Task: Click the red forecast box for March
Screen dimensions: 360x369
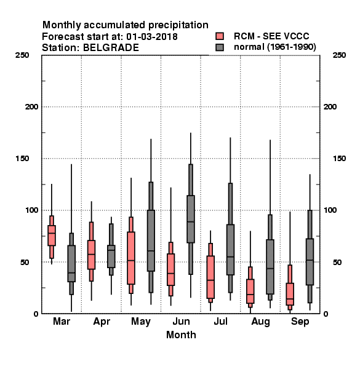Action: coord(52,236)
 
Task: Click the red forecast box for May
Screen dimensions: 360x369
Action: coord(131,258)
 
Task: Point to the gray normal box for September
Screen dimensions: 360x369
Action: coord(310,262)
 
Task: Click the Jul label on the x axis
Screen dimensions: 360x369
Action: coord(220,321)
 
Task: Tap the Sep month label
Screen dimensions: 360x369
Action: coord(300,322)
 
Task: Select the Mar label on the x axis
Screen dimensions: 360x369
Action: coord(62,321)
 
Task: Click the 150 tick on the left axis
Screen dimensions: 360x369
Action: coord(22,159)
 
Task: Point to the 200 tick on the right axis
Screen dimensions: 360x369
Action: coord(330,107)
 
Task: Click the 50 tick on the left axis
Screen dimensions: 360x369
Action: coord(25,262)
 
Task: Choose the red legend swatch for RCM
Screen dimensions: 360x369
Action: coord(220,36)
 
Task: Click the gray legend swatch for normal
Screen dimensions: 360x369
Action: coord(220,47)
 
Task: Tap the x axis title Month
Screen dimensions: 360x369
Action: coord(181,335)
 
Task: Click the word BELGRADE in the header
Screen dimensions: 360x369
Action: coord(111,48)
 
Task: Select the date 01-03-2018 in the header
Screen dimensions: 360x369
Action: coord(152,37)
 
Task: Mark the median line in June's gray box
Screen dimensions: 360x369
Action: coord(191,221)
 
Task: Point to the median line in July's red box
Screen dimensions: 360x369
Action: coord(210,280)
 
